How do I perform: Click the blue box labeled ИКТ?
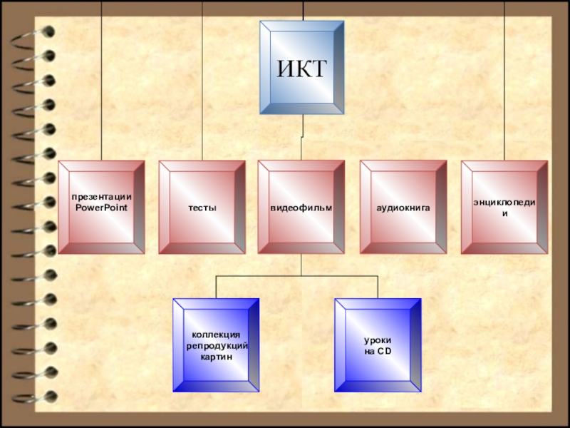click(302, 68)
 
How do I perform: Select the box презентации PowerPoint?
click(101, 207)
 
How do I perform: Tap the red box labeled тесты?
click(202, 207)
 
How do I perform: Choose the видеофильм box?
click(301, 207)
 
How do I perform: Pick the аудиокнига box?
click(403, 207)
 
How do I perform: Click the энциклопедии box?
click(504, 207)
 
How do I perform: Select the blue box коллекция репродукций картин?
click(216, 345)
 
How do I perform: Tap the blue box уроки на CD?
click(378, 345)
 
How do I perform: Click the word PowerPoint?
click(101, 207)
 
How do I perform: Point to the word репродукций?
click(217, 345)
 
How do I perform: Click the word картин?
click(217, 355)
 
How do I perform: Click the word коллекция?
click(217, 335)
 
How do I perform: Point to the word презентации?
click(101, 197)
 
